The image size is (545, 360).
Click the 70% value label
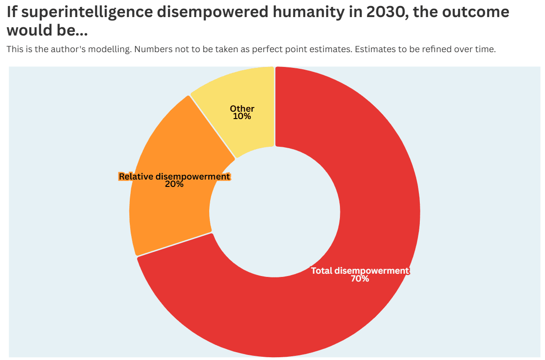(360, 279)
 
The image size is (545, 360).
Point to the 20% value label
(174, 184)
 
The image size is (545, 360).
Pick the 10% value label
(242, 116)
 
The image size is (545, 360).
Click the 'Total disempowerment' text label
(360, 271)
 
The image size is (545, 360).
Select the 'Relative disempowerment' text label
(174, 176)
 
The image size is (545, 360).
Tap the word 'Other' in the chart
(242, 109)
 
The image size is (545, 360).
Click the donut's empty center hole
(275, 212)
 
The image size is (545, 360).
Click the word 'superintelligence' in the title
(89, 12)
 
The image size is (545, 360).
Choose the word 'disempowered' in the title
(213, 12)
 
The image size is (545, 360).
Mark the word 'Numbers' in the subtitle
(152, 49)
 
